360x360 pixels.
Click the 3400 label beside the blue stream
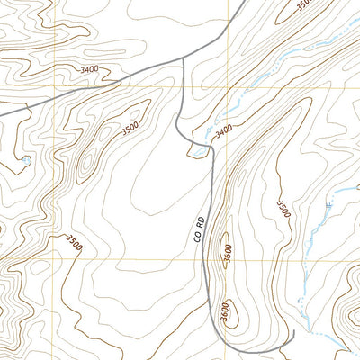[224, 129]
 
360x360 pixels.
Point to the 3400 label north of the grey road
[89, 68]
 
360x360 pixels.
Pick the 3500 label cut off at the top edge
[303, 4]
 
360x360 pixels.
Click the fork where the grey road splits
[184, 58]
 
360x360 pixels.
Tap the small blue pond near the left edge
[27, 160]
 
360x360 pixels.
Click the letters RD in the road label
[200, 219]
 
